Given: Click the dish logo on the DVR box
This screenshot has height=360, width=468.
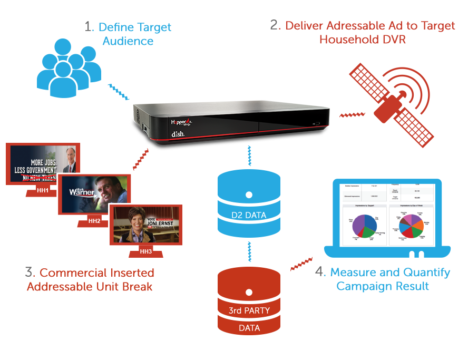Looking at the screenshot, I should click(177, 134).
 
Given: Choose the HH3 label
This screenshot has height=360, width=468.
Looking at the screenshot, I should click(146, 251).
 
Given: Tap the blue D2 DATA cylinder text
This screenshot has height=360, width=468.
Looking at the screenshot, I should click(249, 215).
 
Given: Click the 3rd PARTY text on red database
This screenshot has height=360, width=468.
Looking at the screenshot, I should click(249, 311).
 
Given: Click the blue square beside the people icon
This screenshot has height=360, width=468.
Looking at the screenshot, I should click(119, 92).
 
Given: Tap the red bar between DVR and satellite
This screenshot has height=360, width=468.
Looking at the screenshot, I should click(352, 115).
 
